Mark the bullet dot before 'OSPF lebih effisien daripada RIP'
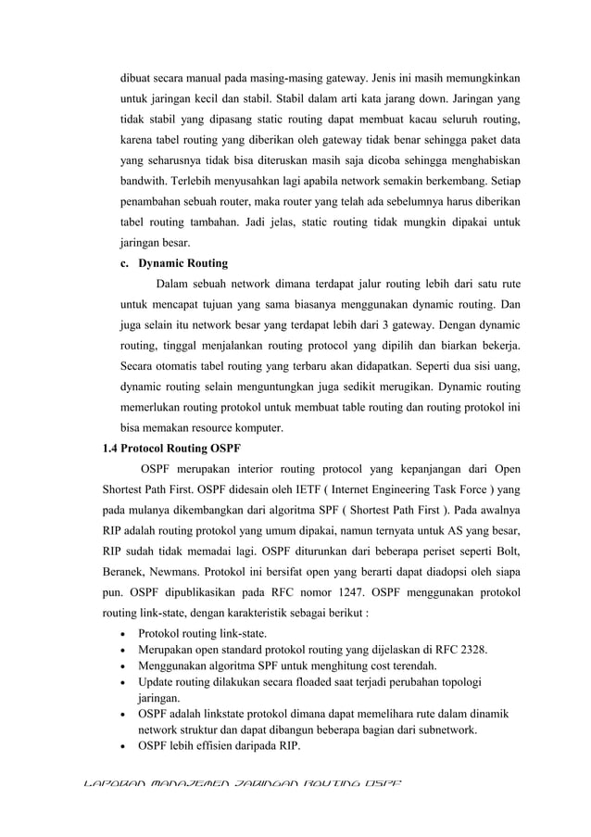coord(124,748)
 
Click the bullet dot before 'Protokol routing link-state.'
coord(124,633)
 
